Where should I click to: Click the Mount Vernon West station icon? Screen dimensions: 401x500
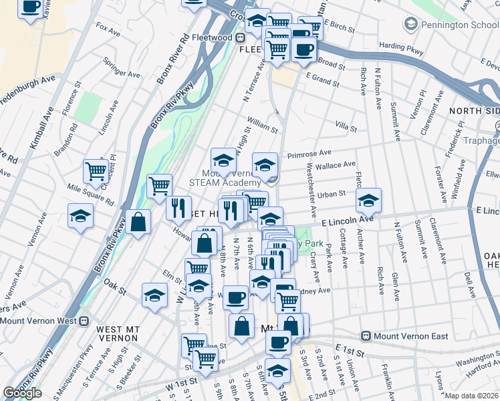click(84, 320)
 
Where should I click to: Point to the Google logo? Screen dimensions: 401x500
click(22, 393)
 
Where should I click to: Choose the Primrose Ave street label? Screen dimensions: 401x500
click(309, 154)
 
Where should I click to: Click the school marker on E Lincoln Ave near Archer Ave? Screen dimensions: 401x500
click(368, 200)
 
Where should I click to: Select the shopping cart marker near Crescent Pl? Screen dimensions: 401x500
click(96, 171)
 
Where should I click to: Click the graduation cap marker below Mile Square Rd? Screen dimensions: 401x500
click(80, 216)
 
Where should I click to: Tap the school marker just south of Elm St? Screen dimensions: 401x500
click(154, 294)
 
